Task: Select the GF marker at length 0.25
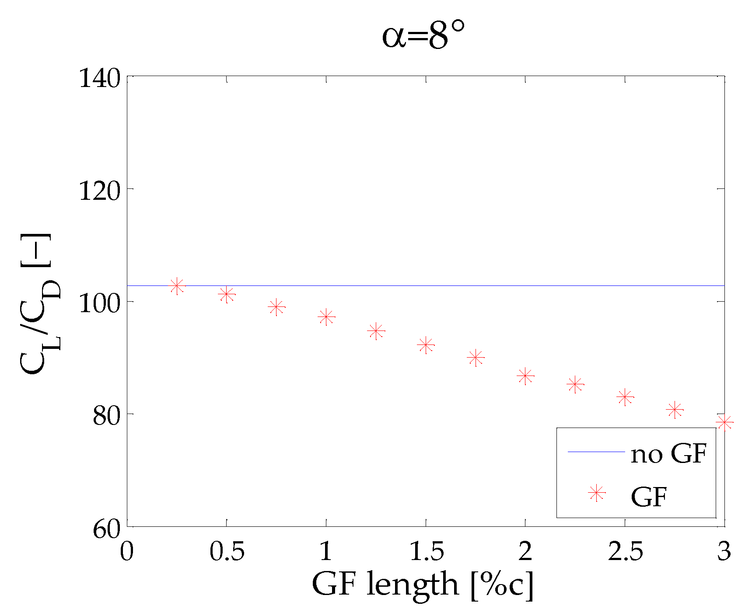(177, 286)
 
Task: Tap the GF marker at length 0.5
(227, 294)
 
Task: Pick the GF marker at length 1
(326, 317)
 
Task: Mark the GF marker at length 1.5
(426, 345)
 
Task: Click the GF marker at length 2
(525, 376)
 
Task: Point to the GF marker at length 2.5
(625, 397)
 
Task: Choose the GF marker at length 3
(724, 422)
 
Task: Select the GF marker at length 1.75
(476, 358)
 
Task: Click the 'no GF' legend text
(668, 454)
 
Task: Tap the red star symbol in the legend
(596, 493)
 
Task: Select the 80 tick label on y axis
(106, 416)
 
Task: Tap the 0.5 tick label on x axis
(227, 552)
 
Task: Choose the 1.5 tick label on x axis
(426, 552)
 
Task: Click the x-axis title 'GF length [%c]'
(423, 585)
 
